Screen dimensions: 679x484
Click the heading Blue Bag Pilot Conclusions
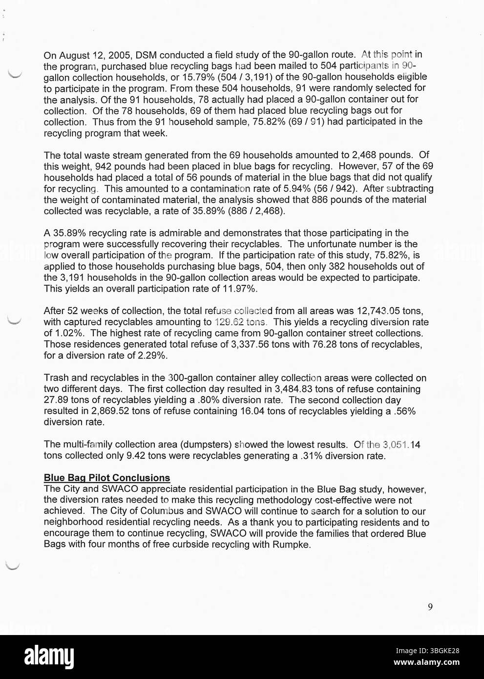(107, 478)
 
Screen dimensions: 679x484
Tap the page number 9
(430, 607)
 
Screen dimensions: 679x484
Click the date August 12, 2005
(94, 55)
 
